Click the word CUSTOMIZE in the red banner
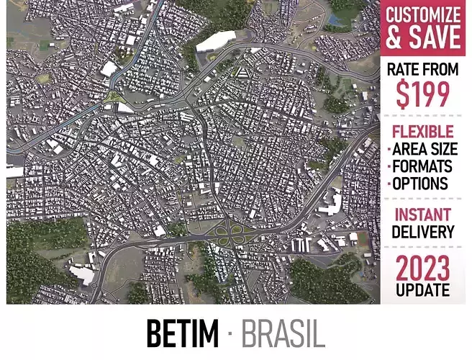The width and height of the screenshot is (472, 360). click(422, 14)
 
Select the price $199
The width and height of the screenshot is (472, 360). click(422, 94)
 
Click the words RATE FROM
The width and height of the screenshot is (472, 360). click(422, 70)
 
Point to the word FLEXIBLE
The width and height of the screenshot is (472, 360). click(422, 132)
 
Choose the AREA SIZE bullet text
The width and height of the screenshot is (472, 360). click(425, 149)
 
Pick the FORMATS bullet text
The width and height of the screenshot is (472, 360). click(425, 166)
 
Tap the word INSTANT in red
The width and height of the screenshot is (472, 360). click(422, 215)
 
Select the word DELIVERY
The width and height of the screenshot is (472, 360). click(422, 232)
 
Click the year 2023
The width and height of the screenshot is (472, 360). click(422, 269)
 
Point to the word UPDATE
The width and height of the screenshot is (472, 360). click(422, 290)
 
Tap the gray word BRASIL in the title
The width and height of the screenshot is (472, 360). click(283, 333)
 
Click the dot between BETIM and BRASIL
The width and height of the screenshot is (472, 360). click(229, 333)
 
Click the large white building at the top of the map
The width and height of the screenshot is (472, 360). click(216, 40)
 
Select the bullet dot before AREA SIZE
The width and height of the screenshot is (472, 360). click(389, 150)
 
